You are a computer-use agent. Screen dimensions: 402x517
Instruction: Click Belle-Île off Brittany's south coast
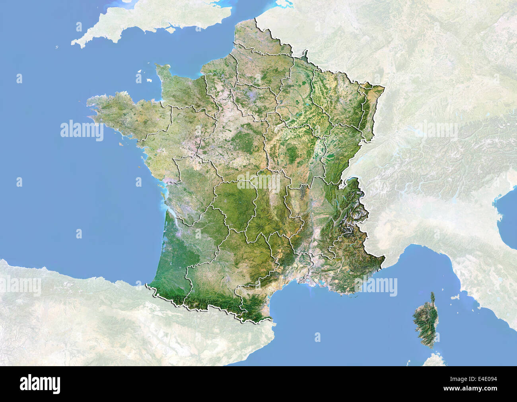pyautogui.click(x=119, y=144)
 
